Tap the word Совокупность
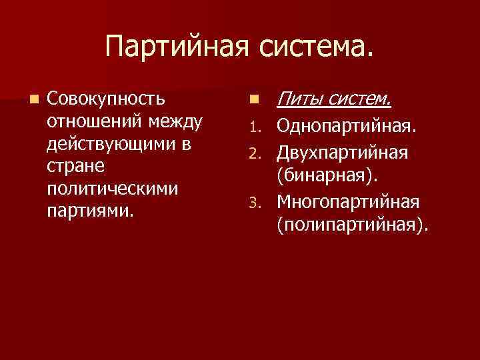tap(107, 100)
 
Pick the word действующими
tap(114, 145)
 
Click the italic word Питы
tap(299, 100)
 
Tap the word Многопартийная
tap(347, 201)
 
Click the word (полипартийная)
tap(354, 224)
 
